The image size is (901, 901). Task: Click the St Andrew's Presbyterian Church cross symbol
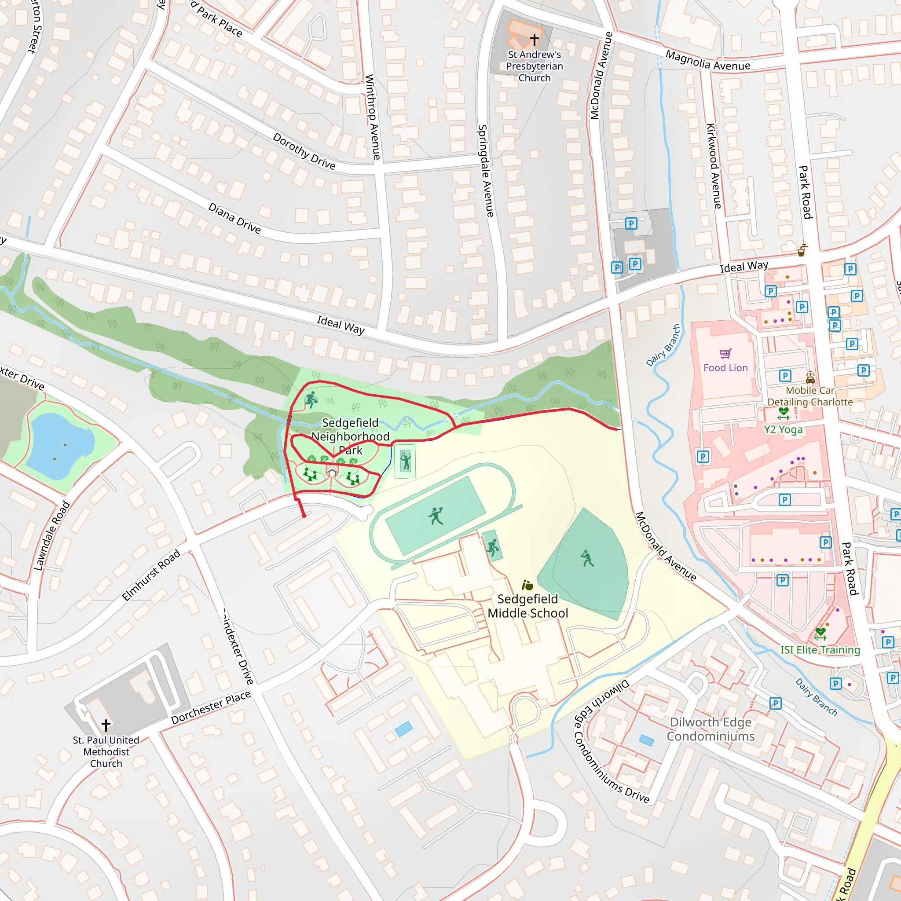(535, 39)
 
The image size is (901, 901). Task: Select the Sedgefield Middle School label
(527, 606)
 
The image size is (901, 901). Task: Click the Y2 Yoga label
(784, 429)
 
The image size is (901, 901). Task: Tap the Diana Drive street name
(234, 218)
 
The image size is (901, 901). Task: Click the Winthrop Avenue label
(373, 117)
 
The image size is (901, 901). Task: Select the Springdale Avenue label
(486, 171)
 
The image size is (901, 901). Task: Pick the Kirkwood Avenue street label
(714, 166)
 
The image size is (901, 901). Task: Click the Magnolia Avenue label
(707, 61)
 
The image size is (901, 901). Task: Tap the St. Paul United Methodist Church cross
(106, 725)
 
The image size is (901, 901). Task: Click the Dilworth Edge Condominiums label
(710, 729)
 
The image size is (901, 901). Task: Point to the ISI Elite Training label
(820, 650)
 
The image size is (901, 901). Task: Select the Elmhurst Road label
(150, 575)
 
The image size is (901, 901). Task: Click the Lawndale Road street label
(52, 536)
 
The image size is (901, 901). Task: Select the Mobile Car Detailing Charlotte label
(810, 396)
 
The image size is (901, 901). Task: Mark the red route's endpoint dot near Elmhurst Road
(304, 516)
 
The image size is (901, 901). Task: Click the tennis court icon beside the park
(405, 461)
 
